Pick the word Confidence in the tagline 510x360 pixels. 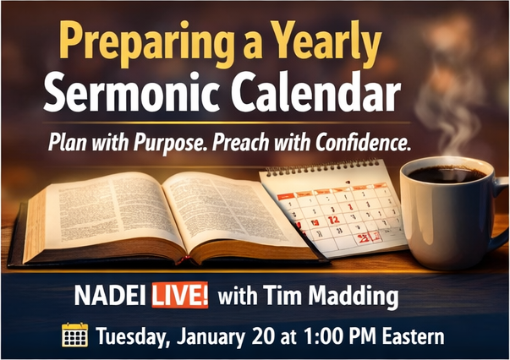coord(362,142)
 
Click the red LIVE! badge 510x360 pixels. coord(180,295)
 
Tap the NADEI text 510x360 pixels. coord(110,296)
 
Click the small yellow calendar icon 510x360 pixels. coord(74,335)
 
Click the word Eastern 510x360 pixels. coord(413,336)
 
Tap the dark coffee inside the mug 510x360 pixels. coord(447,174)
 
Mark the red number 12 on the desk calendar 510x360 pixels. coord(333,220)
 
